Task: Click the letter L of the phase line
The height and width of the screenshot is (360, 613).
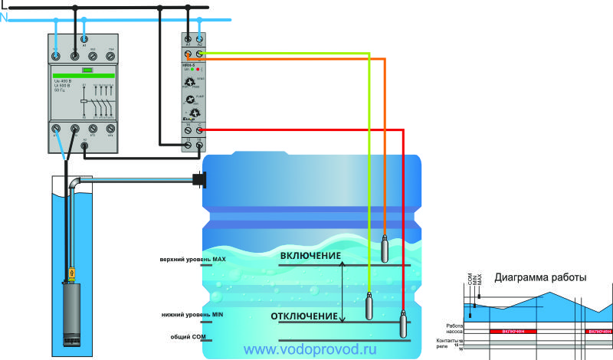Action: point(3,5)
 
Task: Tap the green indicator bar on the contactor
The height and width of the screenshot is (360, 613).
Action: point(84,76)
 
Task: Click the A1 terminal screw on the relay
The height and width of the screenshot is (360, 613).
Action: point(188,38)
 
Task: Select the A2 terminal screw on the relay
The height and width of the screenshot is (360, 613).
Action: point(199,38)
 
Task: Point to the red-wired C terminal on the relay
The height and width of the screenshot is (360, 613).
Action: point(199,131)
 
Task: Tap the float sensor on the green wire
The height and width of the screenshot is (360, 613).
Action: point(369,307)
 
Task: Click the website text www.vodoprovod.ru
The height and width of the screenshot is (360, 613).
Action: point(310,349)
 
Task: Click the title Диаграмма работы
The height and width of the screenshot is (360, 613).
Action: point(540,278)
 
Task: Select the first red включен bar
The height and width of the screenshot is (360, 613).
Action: point(512,331)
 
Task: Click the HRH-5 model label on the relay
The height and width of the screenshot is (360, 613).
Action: point(192,65)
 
